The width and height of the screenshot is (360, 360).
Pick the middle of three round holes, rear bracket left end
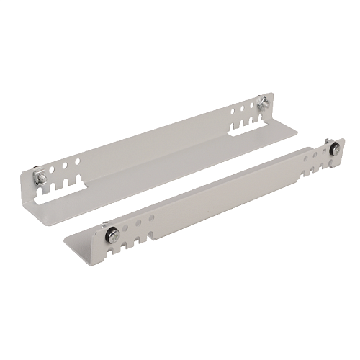pos(66,166)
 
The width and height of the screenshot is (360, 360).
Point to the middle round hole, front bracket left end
pos(138,222)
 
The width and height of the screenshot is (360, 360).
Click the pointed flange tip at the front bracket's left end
pos(66,238)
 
